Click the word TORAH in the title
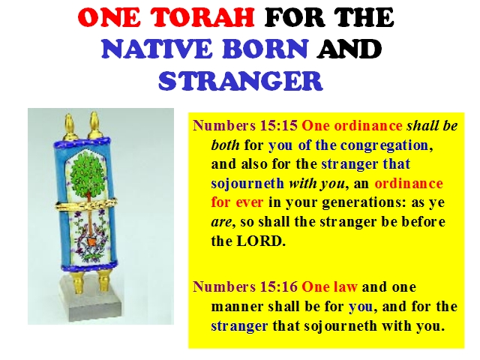coord(203,17)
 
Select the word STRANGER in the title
coord(241,81)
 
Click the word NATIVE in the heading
coord(157,49)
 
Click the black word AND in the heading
coord(349,49)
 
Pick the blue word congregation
coord(384,145)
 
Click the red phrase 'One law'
coord(329,286)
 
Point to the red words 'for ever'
coord(237,202)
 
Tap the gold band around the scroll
coord(86,204)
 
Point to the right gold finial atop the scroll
coord(94,126)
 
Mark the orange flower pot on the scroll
coord(91,241)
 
